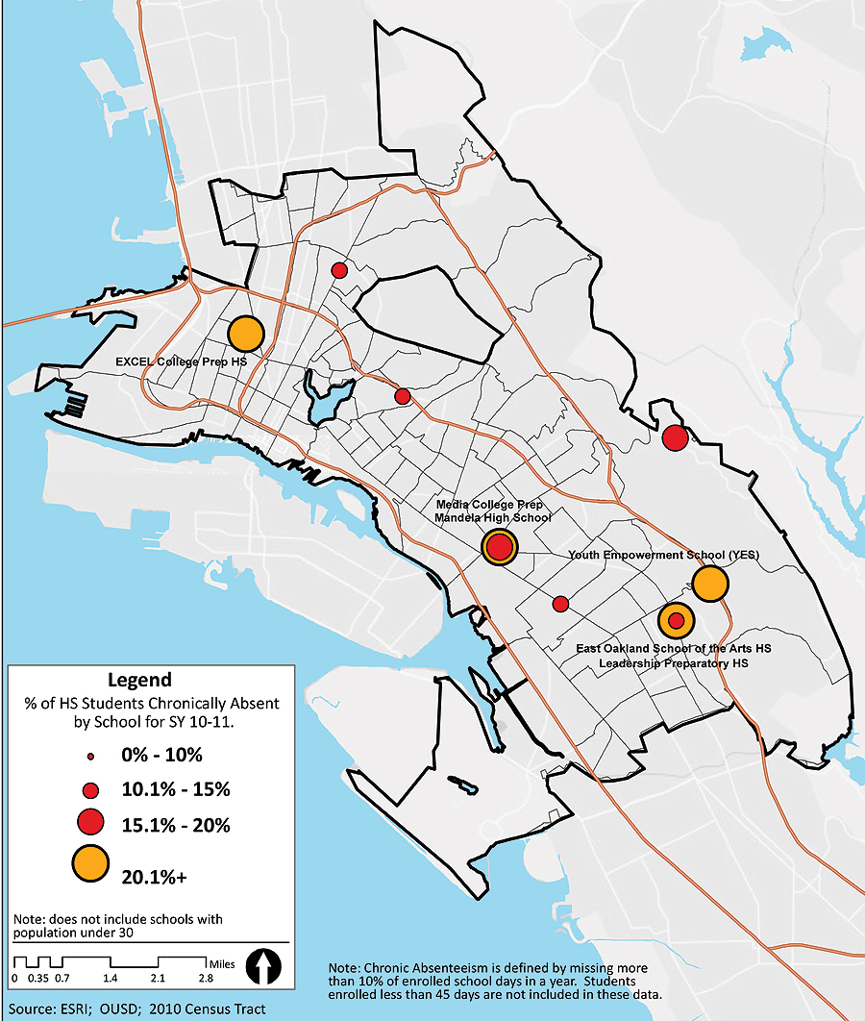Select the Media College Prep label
[x=489, y=505]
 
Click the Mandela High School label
[x=492, y=518]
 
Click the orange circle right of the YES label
[x=709, y=584]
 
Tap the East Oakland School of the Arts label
[x=673, y=649]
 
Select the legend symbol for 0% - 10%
[x=90, y=756]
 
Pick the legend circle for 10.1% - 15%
[x=90, y=791]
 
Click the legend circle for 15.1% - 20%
[x=90, y=824]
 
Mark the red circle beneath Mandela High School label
[x=499, y=547]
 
